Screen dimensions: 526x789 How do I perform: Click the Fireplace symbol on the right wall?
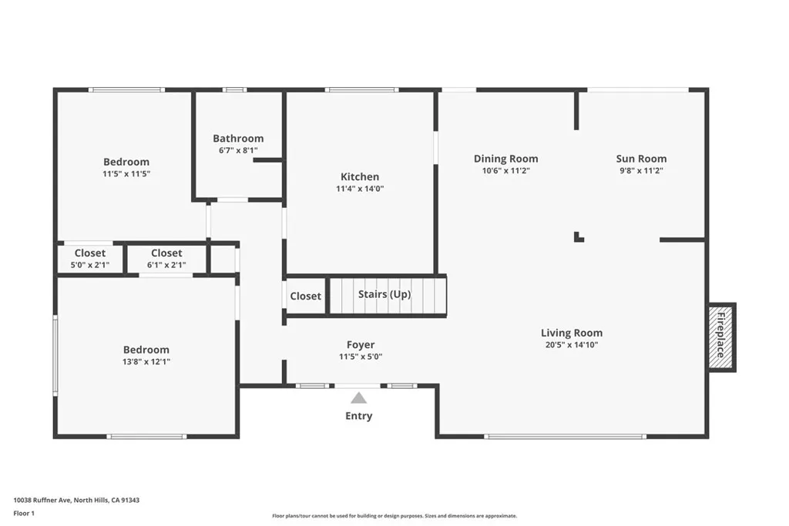point(722,337)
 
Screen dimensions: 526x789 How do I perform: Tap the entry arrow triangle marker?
point(358,398)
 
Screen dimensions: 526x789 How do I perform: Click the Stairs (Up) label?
point(384,294)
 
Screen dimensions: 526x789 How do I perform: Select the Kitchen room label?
point(360,176)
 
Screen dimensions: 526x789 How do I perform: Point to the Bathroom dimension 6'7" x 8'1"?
point(238,151)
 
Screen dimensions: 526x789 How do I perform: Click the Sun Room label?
point(641,159)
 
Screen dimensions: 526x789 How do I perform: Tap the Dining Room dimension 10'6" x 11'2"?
point(505,171)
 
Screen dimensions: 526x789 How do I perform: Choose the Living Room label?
point(572,333)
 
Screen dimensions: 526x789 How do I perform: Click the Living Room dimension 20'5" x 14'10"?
point(572,345)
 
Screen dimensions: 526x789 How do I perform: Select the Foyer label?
point(361,345)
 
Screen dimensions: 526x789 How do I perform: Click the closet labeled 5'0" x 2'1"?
point(90,259)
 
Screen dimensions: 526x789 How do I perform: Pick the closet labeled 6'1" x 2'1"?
point(166,259)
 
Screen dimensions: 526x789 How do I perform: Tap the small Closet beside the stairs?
point(306,297)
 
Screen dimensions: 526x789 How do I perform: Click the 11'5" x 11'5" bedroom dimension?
point(126,174)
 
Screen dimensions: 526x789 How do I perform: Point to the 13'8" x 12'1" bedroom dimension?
point(146,361)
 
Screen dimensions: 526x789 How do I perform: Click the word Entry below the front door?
point(358,416)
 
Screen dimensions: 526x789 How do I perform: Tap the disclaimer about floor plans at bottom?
point(394,516)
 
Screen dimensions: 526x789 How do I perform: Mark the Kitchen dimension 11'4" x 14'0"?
point(360,189)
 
